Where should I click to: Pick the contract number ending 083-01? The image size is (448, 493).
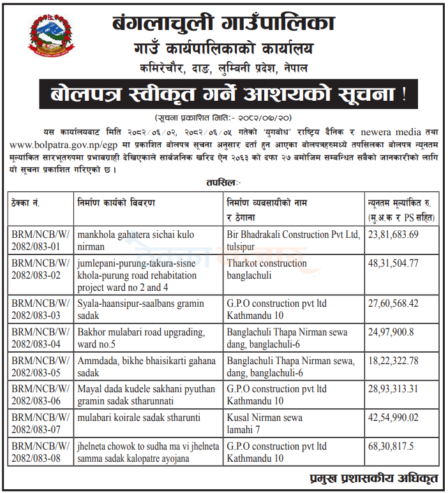click(x=38, y=240)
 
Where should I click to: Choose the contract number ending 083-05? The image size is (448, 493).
click(x=38, y=367)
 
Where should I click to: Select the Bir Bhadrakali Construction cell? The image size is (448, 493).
click(x=294, y=240)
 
